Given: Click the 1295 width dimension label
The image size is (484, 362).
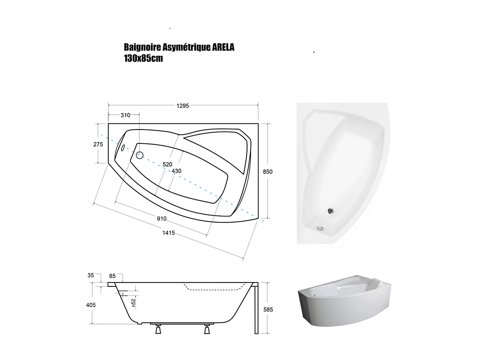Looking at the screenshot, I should click(182, 106).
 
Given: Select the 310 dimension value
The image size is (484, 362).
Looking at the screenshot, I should click(125, 115).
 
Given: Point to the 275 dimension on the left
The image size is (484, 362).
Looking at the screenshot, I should click(98, 144).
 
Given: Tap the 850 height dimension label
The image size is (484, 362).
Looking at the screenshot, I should click(267, 172).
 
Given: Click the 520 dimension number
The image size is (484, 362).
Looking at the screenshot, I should click(167, 164).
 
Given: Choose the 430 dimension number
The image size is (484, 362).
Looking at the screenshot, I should click(176, 171).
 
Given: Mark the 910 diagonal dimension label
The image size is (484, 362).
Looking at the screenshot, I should click(162, 219).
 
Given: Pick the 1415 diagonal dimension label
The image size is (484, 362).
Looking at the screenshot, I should click(169, 233).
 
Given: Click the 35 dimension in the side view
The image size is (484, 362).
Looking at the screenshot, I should click(91, 275).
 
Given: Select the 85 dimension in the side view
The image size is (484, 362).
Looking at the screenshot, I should click(112, 276).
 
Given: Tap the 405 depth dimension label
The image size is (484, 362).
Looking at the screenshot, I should click(91, 305).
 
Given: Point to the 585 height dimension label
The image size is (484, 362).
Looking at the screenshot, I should click(268, 309).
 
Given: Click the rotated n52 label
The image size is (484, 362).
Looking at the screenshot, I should click(133, 302).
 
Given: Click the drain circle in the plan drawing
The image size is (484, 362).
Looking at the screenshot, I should click(139, 155).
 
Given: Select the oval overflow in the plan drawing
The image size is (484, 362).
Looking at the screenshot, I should click(122, 147).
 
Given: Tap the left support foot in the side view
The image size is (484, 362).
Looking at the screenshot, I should click(158, 329).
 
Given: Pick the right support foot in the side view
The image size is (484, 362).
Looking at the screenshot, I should click(207, 329).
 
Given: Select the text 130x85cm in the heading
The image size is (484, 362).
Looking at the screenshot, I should click(143, 59).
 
